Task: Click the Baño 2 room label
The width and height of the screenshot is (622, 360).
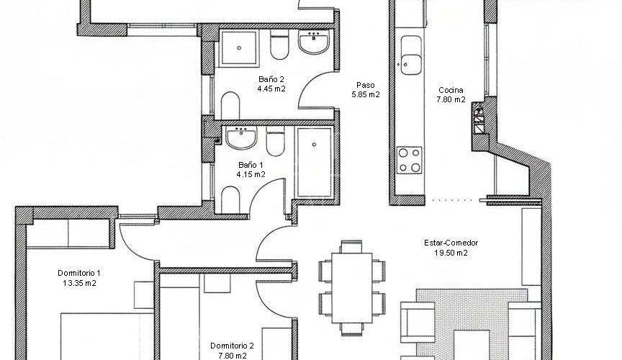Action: click(x=271, y=79)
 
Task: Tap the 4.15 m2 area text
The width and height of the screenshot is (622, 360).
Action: click(x=251, y=174)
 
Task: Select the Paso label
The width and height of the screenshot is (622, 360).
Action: click(x=365, y=85)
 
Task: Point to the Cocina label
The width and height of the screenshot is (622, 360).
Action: click(x=451, y=90)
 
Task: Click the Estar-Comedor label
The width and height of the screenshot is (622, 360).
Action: click(x=451, y=243)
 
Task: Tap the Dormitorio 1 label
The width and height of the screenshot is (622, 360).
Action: click(x=79, y=273)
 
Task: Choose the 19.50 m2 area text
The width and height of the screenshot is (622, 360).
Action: click(x=451, y=253)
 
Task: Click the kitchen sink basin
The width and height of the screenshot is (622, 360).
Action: click(x=411, y=55)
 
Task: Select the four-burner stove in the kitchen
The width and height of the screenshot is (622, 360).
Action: click(x=410, y=160)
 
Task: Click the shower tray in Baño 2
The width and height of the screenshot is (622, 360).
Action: click(x=239, y=48)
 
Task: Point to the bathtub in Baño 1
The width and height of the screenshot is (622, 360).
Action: click(x=314, y=162)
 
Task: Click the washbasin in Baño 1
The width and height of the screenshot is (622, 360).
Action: click(x=240, y=138)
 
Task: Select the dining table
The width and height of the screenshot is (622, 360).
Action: click(x=352, y=288)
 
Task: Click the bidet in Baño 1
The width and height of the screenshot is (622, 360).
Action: click(x=230, y=199)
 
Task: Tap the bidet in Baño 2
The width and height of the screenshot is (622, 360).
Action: click(x=230, y=106)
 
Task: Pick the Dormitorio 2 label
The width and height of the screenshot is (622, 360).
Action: click(x=232, y=346)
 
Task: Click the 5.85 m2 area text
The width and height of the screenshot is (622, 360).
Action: click(x=365, y=95)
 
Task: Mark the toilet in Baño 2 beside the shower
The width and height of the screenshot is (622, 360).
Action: click(x=279, y=46)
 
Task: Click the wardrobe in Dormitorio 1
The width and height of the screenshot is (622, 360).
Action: click(x=68, y=233)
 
